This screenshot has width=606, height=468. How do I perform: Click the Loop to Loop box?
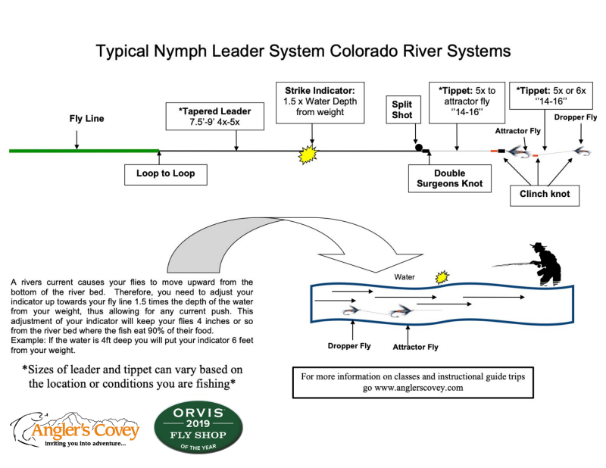click(165, 173)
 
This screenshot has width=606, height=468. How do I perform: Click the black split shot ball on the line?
click(417, 148)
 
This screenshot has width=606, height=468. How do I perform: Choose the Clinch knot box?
click(545, 194)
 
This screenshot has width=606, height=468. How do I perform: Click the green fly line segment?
click(83, 151)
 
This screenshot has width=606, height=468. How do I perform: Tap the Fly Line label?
click(87, 119)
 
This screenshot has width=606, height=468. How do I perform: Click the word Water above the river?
click(403, 277)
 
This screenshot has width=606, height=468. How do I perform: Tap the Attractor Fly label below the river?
click(414, 347)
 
